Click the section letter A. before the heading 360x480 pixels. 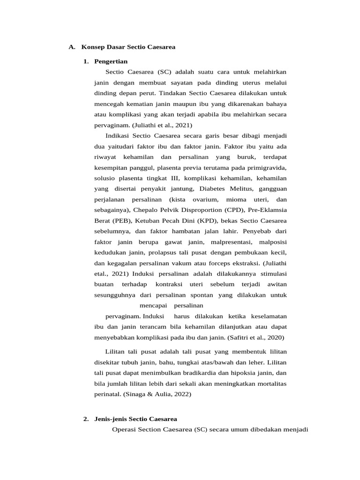click(72, 47)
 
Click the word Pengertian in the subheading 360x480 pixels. click(111, 61)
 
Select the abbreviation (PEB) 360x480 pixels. click(120, 221)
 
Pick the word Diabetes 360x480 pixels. click(215, 189)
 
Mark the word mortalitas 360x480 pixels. click(269, 383)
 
